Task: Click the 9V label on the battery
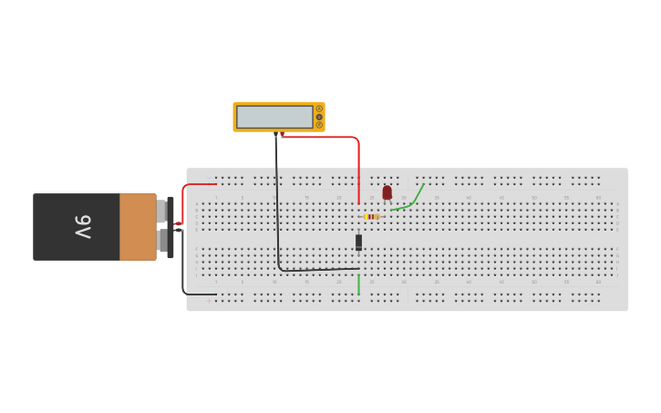[83, 227]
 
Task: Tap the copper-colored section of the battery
[138, 227]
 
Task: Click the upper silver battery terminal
[161, 212]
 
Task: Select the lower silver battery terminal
[161, 241]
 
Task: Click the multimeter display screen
[274, 117]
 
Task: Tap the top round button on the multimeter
[319, 109]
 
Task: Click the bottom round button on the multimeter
[319, 125]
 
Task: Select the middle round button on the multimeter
[319, 117]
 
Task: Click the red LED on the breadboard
[387, 192]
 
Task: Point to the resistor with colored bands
[371, 216]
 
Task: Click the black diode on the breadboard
[358, 242]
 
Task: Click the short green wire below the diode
[358, 284]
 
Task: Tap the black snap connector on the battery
[170, 227]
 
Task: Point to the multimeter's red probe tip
[283, 136]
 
